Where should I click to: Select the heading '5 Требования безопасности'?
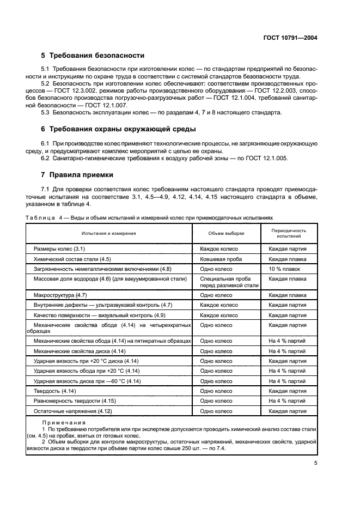coord(93,56)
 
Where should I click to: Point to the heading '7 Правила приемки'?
coord(77,175)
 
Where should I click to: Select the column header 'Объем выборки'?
coord(227,233)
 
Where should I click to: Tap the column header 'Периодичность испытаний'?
coord(287,233)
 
